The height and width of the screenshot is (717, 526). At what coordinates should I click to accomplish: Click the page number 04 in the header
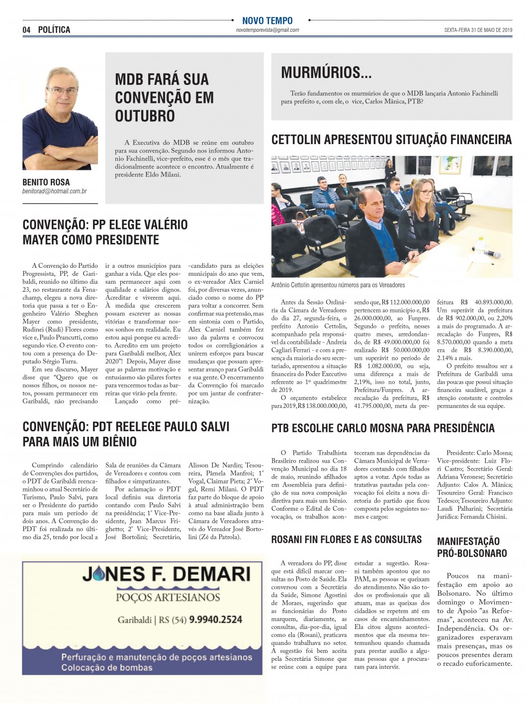(x=26, y=30)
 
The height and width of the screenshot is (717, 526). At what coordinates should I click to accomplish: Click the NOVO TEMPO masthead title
(x=267, y=21)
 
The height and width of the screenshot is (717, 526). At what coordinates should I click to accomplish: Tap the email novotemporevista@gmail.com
(x=267, y=30)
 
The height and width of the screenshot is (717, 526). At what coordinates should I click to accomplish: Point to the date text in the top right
(x=478, y=30)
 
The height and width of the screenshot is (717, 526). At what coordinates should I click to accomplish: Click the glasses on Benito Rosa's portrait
(x=62, y=91)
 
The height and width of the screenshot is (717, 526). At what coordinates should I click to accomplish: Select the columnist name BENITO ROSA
(x=46, y=182)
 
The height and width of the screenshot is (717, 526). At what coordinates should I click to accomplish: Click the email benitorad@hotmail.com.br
(x=55, y=191)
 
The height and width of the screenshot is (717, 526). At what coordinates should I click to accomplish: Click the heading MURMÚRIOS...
(x=326, y=73)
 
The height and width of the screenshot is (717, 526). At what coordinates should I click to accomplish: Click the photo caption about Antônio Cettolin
(x=338, y=285)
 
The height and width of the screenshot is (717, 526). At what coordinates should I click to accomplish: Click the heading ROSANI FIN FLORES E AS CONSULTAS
(x=347, y=540)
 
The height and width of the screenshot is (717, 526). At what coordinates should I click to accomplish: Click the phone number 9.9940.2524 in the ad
(x=216, y=620)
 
